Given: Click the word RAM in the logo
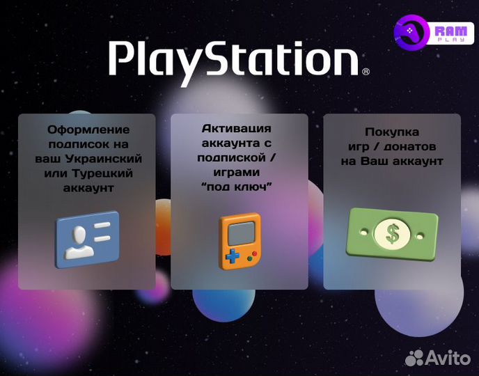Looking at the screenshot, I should pyautogui.click(x=445, y=31).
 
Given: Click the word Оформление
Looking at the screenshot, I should pyautogui.click(x=88, y=130).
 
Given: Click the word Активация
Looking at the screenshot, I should pyautogui.click(x=237, y=129).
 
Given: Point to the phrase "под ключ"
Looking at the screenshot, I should pyautogui.click(x=237, y=187).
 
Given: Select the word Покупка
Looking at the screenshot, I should pyautogui.click(x=393, y=132).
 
